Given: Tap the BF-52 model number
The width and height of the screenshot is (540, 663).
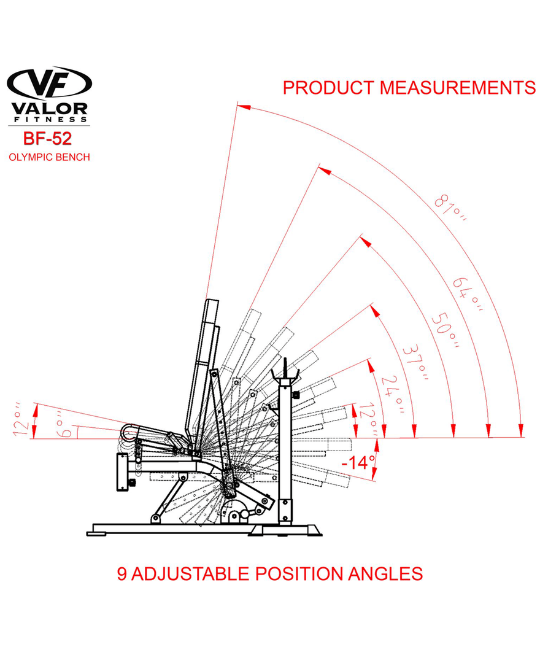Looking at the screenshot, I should pos(48,138).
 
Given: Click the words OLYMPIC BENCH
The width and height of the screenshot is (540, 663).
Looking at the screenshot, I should pos(49,157).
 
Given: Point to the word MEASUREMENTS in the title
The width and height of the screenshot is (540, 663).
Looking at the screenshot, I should pos(457,88).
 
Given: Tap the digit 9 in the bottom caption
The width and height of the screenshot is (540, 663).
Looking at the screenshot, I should pos(122,574).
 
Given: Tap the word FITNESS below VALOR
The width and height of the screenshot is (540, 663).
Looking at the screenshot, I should pos(49,119).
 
